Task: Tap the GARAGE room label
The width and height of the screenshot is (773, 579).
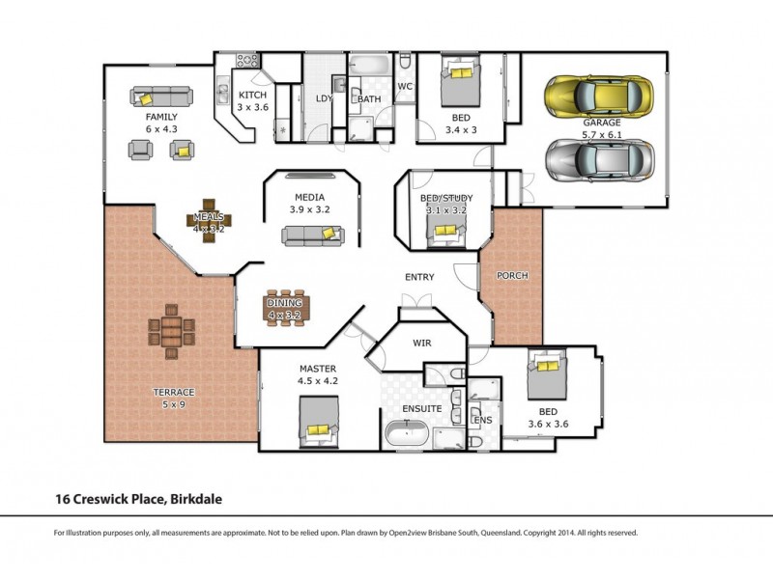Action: point(601,123)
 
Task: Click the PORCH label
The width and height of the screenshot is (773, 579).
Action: point(512,276)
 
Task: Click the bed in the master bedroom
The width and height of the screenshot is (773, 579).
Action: point(320,422)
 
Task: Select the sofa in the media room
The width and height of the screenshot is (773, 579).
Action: point(312,234)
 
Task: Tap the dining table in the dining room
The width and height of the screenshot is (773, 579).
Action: point(284,307)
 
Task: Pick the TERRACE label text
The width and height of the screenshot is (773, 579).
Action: point(174,392)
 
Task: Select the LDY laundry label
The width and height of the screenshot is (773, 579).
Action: point(325,98)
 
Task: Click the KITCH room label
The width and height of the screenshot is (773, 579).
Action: point(252,95)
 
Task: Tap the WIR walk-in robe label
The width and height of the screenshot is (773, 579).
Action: point(421,343)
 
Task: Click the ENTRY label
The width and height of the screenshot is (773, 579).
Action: point(418,277)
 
